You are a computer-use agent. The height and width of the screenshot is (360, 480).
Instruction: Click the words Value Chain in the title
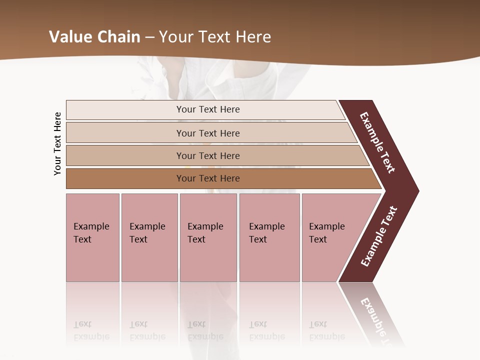click(x=94, y=37)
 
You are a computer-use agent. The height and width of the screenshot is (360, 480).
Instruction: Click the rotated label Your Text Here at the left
click(x=57, y=143)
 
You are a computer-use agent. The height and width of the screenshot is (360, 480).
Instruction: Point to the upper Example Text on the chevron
click(x=377, y=142)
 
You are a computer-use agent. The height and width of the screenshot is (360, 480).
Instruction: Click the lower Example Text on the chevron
click(x=379, y=236)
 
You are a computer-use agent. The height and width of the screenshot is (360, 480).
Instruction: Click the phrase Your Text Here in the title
click(x=215, y=37)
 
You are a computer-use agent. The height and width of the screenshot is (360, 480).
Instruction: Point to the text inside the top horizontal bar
click(x=208, y=109)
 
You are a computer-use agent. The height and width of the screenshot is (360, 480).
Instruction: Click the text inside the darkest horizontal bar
click(x=208, y=178)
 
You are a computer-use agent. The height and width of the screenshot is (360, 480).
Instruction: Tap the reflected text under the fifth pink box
click(x=326, y=330)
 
